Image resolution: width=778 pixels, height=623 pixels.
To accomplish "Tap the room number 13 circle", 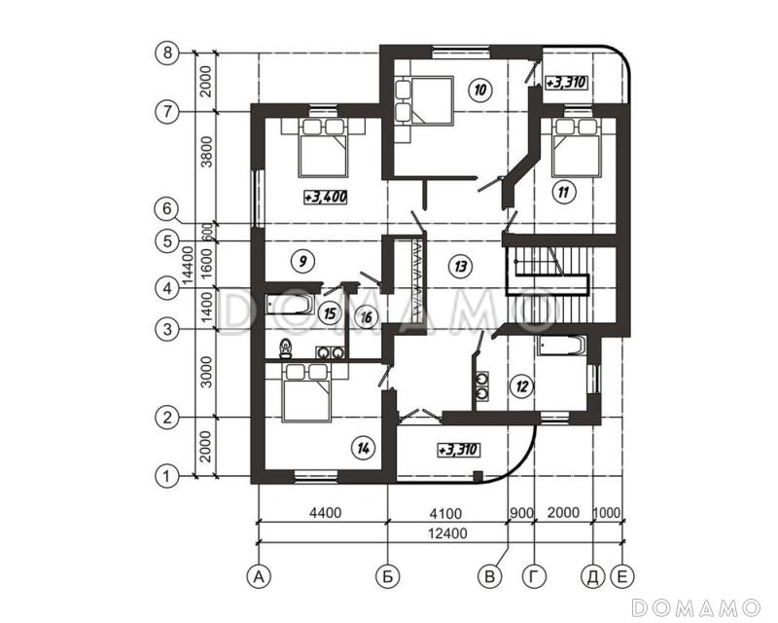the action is click(460, 267).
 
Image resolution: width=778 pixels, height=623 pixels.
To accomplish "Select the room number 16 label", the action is click(367, 317).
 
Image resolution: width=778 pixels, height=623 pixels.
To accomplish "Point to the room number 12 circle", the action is click(521, 385).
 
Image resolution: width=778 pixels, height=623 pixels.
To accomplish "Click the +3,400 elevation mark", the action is click(326, 198).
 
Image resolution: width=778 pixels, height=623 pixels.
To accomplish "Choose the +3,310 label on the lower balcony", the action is click(458, 450).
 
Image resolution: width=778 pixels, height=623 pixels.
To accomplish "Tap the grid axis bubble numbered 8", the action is click(167, 53).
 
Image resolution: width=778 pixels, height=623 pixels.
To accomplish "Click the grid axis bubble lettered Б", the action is click(388, 576).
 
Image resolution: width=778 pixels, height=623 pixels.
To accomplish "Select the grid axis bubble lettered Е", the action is click(622, 576).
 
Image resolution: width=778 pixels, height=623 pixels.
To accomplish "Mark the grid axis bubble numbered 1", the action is click(167, 476).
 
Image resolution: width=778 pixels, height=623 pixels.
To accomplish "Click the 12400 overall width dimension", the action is click(447, 533).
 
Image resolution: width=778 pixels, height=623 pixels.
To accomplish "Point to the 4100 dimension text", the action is click(445, 513).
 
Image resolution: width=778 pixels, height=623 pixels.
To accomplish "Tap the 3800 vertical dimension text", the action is click(207, 152).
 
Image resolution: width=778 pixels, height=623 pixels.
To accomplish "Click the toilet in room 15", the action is click(285, 348).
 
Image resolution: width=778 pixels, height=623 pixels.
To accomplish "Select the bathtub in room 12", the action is click(562, 346).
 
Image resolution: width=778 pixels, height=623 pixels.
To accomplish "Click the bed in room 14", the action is click(306, 392).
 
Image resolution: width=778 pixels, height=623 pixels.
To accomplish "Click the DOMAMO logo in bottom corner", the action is click(695, 607).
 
